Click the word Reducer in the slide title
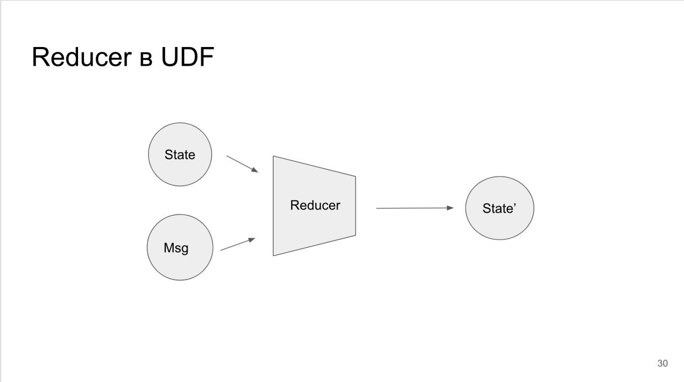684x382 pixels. point(82,57)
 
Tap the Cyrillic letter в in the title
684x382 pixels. point(146,59)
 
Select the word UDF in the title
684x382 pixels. point(188,57)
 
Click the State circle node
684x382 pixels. point(180,154)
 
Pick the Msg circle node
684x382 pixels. point(180,247)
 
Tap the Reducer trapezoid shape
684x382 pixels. point(314,206)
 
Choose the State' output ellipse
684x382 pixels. point(500,208)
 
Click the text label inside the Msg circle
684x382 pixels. point(176,248)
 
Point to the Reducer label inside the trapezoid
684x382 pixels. point(315,205)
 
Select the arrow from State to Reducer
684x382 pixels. point(243,164)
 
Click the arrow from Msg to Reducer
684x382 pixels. point(238,244)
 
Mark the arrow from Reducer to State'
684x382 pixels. point(415,208)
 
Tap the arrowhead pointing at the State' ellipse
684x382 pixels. point(450,208)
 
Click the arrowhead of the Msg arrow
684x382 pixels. point(252,240)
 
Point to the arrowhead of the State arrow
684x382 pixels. point(255,170)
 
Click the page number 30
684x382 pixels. point(662,363)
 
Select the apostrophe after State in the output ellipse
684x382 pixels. point(515,205)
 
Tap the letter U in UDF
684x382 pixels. point(169,57)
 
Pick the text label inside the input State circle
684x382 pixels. point(180,154)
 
